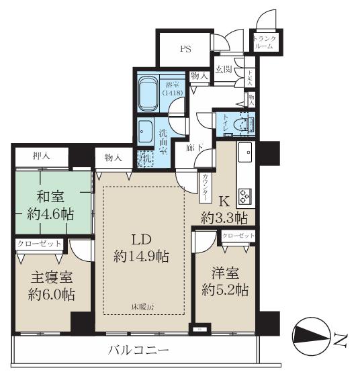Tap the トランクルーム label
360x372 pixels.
(x=263, y=42)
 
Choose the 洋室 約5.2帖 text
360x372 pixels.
(x=224, y=282)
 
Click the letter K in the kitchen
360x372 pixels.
(x=225, y=199)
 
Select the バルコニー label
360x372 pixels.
(x=140, y=350)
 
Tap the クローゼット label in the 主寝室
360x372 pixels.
(x=40, y=244)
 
